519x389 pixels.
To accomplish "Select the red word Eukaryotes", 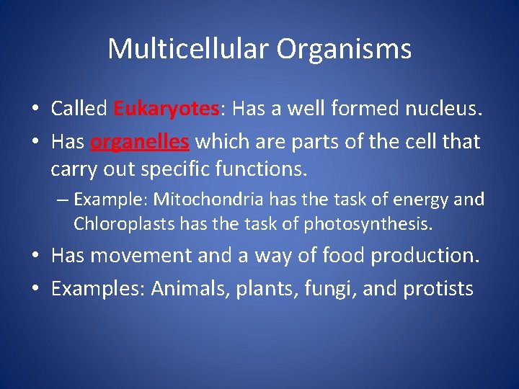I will (x=167, y=109).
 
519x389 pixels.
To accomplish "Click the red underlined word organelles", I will (x=140, y=141).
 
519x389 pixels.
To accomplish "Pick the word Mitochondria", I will (x=200, y=199).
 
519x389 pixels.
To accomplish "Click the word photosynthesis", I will (x=368, y=224).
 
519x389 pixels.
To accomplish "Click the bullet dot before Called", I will (x=35, y=109).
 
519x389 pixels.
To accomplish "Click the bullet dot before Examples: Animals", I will (x=35, y=290).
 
